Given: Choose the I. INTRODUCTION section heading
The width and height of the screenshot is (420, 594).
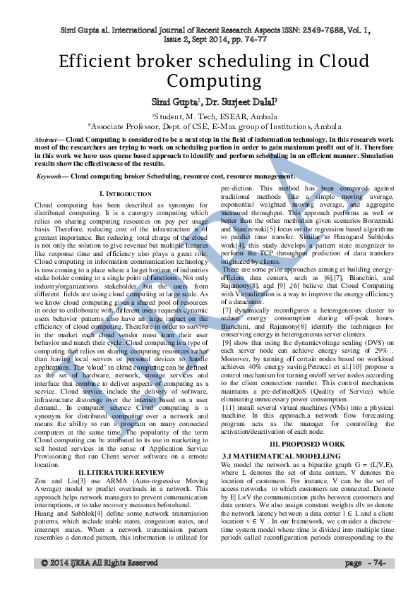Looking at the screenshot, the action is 125,193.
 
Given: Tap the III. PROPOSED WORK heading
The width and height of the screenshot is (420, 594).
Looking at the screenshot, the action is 308,444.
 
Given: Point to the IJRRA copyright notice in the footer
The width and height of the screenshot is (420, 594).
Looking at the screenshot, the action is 99,583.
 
